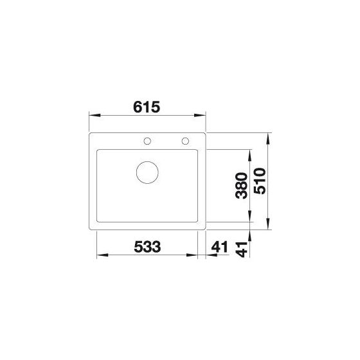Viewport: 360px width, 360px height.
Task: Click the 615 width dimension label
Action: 147,107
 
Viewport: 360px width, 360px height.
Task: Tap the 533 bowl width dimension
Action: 147,247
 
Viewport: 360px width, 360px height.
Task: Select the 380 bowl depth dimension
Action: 242,186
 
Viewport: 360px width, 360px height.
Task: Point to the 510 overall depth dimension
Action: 260,181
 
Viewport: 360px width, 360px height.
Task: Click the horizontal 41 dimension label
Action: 219,247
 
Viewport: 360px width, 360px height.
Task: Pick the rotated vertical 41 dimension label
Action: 242,249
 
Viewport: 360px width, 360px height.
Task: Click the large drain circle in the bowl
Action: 147,172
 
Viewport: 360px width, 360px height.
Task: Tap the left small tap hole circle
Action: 147,141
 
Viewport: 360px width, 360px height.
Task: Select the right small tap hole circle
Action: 185,141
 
